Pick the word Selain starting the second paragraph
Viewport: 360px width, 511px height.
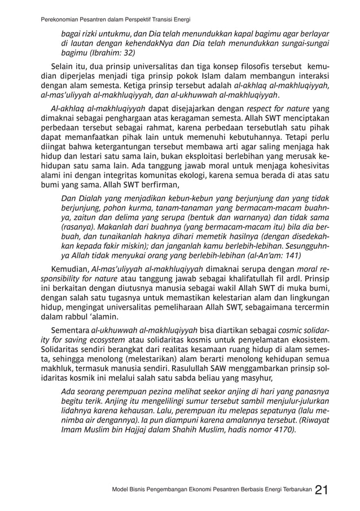pyautogui.click(x=63, y=68)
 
